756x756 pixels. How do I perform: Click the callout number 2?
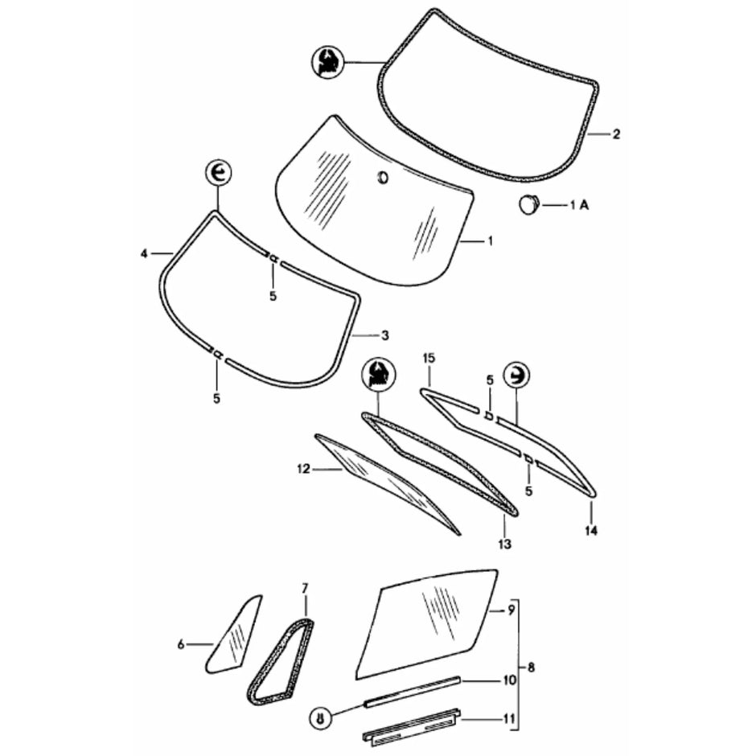[x=616, y=134]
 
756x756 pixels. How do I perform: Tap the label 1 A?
[x=579, y=206]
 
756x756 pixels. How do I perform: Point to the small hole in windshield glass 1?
[x=383, y=176]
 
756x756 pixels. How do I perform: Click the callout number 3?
[x=385, y=335]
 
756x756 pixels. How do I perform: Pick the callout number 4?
[x=144, y=253]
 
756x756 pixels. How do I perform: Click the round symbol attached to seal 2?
[x=327, y=62]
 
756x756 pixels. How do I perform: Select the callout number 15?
[x=429, y=356]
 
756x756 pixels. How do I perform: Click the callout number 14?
[x=591, y=531]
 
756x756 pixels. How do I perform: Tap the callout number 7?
[x=305, y=589]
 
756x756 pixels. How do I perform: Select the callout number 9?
[x=511, y=610]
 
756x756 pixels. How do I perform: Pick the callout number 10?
[x=509, y=680]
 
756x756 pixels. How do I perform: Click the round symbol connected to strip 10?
[x=322, y=718]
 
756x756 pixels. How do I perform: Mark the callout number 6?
[x=182, y=643]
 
